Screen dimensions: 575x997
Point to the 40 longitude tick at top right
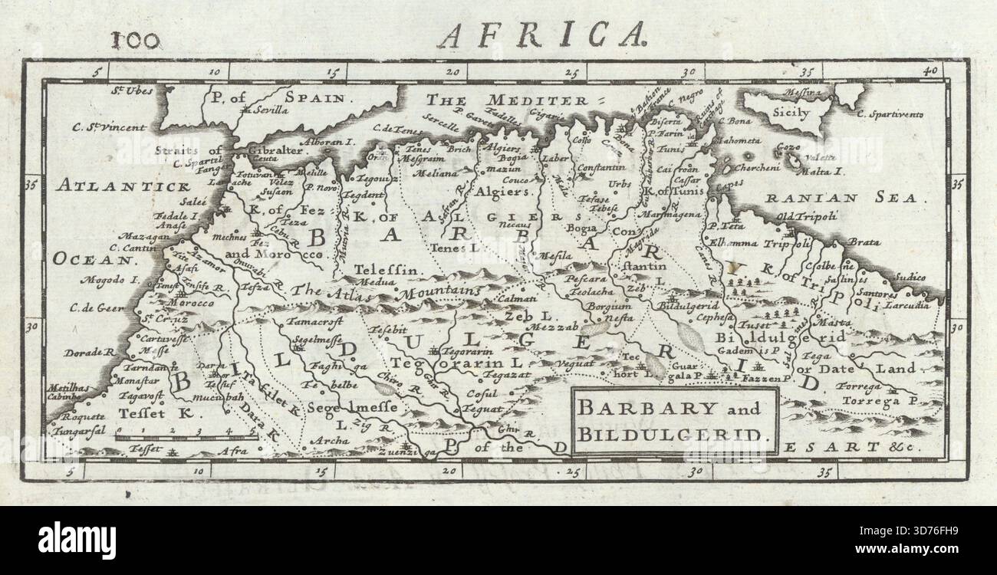coord(930,71)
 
